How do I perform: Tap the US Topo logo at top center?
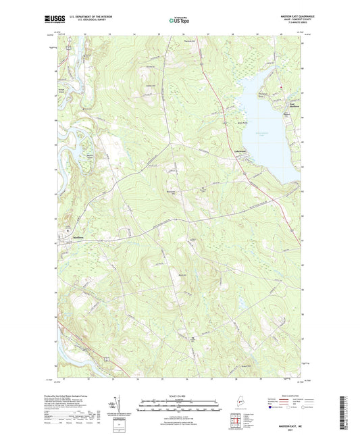(x=178, y=20)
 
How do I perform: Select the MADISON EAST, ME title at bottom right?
(x=283, y=422)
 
